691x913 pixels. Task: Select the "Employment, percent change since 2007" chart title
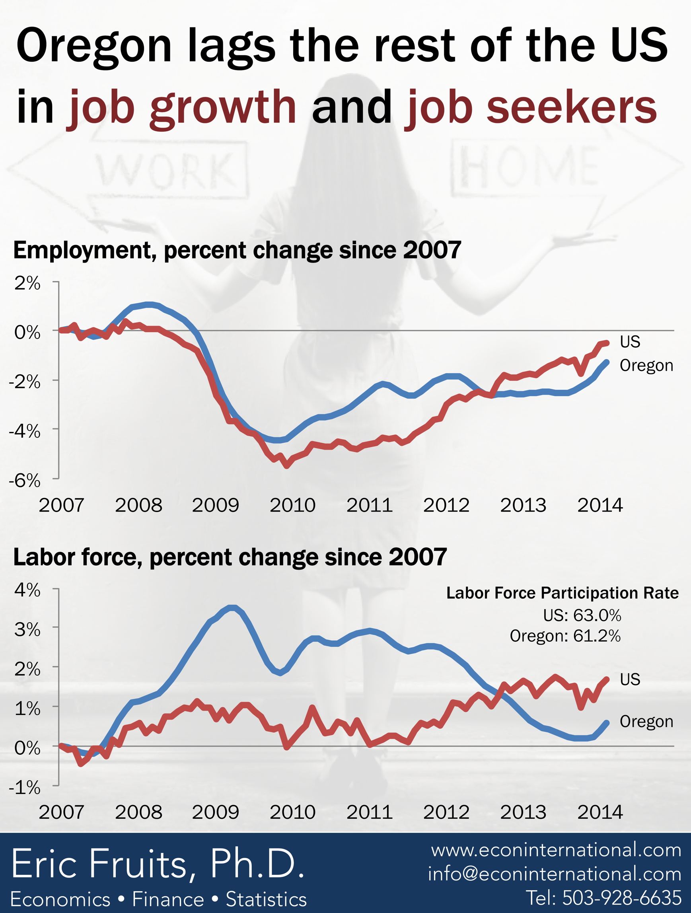(237, 251)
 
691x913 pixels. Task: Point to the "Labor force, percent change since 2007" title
(230, 557)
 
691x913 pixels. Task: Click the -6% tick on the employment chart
(25, 481)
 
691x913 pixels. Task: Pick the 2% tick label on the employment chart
(27, 284)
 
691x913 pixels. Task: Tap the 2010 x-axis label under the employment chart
(292, 506)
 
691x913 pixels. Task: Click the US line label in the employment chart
(629, 342)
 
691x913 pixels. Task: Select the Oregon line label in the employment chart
(646, 366)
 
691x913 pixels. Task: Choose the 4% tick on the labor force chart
(27, 590)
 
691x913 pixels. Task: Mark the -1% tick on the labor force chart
(25, 788)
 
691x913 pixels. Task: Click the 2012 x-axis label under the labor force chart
(446, 812)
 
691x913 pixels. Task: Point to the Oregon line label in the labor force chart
(646, 722)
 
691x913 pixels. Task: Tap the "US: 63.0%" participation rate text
(582, 615)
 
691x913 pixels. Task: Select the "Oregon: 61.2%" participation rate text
(564, 636)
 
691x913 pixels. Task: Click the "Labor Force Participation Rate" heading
(562, 593)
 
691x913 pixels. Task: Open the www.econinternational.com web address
(556, 850)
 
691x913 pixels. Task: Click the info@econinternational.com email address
(554, 874)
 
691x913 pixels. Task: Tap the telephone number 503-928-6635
(603, 898)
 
